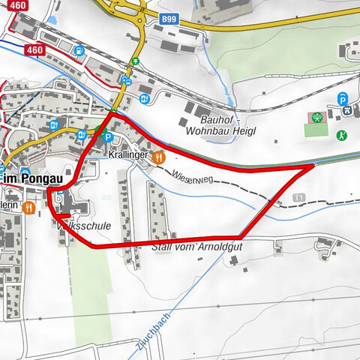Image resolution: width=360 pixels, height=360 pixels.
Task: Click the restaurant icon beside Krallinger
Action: pos(158,157)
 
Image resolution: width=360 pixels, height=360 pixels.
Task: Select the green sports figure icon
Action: pos(342,136)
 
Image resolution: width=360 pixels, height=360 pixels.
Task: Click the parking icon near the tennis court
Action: pos(343,97)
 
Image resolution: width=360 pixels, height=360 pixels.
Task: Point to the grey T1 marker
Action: pos(301,197)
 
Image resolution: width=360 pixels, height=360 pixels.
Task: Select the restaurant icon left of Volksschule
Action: pos(28,208)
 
